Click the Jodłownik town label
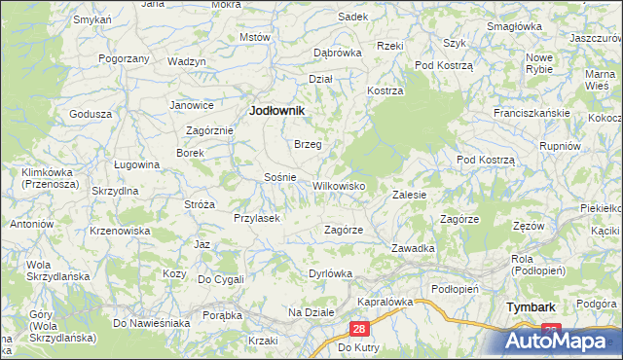click(x=277, y=111)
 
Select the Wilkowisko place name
click(x=338, y=185)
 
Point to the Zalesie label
click(x=410, y=195)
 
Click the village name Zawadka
click(x=413, y=248)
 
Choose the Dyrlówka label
click(x=329, y=273)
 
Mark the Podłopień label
click(x=455, y=288)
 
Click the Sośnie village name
click(x=280, y=177)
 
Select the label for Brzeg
click(x=308, y=143)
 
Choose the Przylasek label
click(x=257, y=218)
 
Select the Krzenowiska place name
click(x=119, y=231)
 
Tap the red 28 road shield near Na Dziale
click(x=358, y=331)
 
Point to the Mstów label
click(x=254, y=37)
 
